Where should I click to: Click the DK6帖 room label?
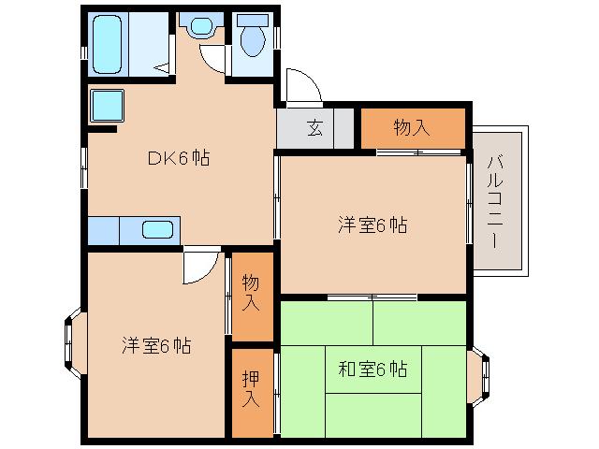coord(177,158)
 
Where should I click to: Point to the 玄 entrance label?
coord(314,129)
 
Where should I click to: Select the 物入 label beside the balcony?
coord(412,128)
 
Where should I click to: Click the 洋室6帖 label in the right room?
coord(372,224)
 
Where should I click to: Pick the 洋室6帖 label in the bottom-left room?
coord(155,345)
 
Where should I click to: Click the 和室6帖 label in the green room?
coord(372,369)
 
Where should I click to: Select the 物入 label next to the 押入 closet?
coord(251,293)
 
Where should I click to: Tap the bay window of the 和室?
coord(480,369)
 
